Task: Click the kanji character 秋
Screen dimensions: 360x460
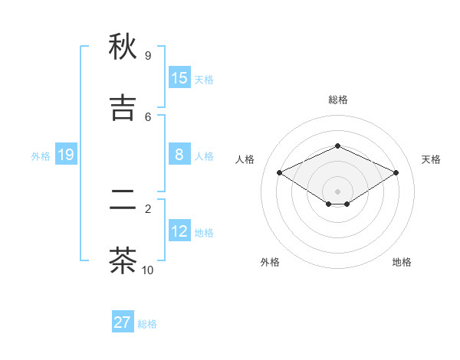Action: click(123, 47)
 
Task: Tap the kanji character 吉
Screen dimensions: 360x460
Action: click(123, 108)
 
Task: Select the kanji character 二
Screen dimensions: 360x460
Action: click(123, 201)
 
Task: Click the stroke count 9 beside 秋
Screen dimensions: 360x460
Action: click(147, 56)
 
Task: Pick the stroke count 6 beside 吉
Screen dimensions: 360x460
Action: click(147, 116)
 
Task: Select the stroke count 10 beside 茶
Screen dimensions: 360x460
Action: click(147, 270)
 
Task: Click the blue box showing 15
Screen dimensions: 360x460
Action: click(179, 78)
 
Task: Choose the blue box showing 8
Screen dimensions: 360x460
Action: click(179, 155)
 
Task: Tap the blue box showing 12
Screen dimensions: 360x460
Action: click(179, 231)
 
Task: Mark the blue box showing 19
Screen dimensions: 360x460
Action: click(66, 155)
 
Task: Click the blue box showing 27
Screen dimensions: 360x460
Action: click(123, 322)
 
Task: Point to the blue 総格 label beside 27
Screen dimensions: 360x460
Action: click(147, 324)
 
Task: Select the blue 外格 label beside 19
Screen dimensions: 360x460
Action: click(41, 156)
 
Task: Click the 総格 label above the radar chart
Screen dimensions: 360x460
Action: click(337, 100)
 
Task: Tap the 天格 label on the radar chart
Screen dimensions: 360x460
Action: click(431, 159)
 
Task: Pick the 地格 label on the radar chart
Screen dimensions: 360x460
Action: click(402, 262)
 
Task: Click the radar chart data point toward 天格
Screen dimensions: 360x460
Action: click(396, 173)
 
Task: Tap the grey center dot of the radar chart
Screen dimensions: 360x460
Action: click(337, 191)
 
